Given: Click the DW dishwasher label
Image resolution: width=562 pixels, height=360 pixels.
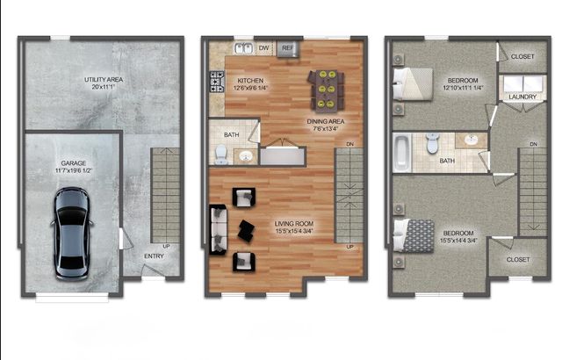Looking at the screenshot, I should tap(263, 48).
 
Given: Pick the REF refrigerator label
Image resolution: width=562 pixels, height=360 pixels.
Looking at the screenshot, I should tap(287, 48).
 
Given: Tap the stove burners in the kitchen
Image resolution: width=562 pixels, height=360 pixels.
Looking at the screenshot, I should tap(215, 83).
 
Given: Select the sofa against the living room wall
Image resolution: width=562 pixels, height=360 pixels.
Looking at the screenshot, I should tap(217, 227).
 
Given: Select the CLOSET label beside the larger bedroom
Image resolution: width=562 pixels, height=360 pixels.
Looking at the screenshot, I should tap(518, 260).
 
